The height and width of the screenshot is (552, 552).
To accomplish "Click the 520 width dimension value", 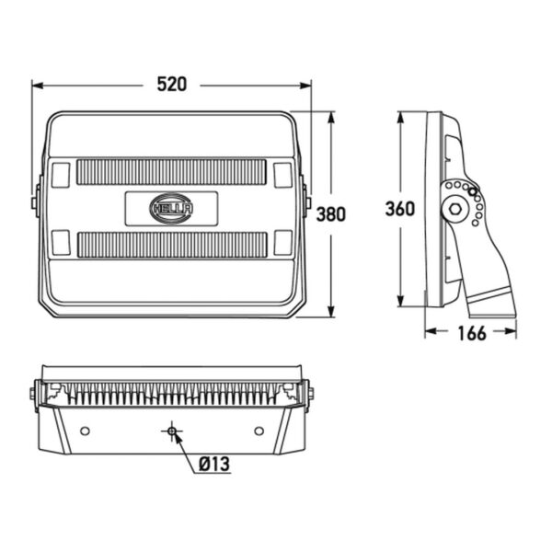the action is (171, 85).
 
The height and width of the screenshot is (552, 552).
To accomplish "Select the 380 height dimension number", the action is (331, 214).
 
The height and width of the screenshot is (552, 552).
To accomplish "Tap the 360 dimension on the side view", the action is (400, 209).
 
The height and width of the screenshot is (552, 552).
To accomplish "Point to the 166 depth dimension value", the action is (472, 333).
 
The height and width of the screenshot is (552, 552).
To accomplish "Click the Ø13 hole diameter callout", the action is (214, 464).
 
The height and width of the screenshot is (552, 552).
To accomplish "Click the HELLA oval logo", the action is (171, 209).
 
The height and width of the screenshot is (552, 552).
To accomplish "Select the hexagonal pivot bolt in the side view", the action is (454, 210).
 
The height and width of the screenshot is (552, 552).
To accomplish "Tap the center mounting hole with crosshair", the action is (172, 431).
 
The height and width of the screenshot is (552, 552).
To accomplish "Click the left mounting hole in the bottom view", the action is (85, 431).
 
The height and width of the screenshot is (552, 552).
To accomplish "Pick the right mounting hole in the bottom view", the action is (259, 431).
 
